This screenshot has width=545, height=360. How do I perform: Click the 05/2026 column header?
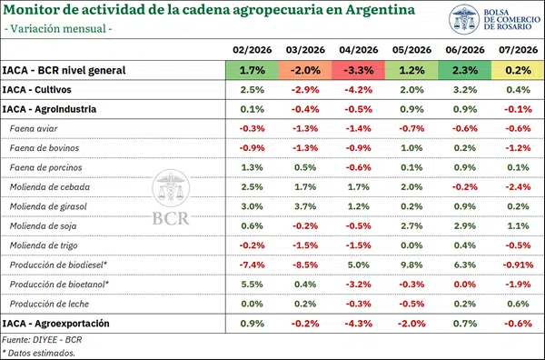click(x=411, y=50)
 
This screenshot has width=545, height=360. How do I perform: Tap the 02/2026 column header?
click(x=252, y=50)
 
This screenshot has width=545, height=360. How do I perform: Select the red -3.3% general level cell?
click(x=359, y=70)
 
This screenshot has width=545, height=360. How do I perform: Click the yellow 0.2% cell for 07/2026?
click(x=518, y=70)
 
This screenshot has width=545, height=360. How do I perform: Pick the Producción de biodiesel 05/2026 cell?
click(x=411, y=265)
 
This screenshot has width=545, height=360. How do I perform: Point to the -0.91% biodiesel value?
click(x=518, y=265)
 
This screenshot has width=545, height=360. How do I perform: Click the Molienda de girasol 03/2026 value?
click(x=305, y=206)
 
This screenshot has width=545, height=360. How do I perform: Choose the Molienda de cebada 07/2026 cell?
click(x=518, y=187)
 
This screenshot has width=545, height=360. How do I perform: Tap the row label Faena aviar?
click(x=34, y=129)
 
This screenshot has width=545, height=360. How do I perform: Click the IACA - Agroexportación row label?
click(x=55, y=324)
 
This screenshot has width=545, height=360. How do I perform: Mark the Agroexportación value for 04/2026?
click(x=359, y=324)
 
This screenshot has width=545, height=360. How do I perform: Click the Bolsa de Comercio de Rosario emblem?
click(x=464, y=19)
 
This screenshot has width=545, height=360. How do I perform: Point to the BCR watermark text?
click(x=171, y=219)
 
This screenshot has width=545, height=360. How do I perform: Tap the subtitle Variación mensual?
click(x=58, y=28)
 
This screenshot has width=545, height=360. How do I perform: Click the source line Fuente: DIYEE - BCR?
click(x=42, y=339)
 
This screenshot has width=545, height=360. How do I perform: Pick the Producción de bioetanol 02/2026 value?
click(x=252, y=285)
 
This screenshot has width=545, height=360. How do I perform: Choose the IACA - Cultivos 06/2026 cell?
click(x=465, y=90)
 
